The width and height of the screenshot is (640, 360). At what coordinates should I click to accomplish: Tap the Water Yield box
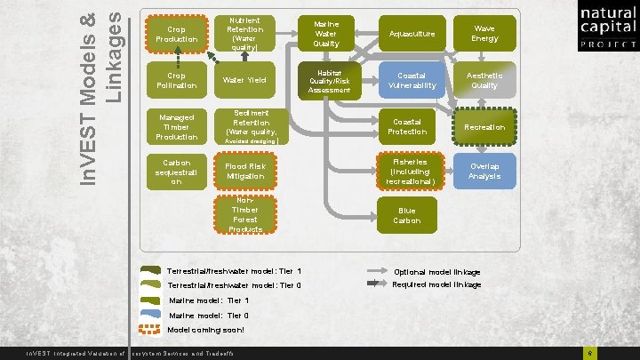click(x=244, y=81)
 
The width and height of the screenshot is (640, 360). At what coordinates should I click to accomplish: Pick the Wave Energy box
click(x=484, y=35)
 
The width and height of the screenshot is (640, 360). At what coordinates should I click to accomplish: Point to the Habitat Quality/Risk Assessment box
click(x=328, y=81)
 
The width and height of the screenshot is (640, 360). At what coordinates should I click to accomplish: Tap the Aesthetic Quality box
click(x=484, y=81)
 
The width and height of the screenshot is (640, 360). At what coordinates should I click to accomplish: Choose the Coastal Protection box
click(x=405, y=126)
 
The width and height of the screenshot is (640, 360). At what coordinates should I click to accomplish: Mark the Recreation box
click(x=485, y=126)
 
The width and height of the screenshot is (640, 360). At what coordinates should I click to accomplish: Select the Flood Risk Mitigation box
click(x=244, y=172)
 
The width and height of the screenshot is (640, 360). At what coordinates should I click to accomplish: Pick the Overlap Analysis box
click(x=484, y=172)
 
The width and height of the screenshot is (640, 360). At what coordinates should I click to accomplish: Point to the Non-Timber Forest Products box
click(x=244, y=216)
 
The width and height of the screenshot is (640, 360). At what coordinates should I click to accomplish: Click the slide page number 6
click(x=589, y=354)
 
